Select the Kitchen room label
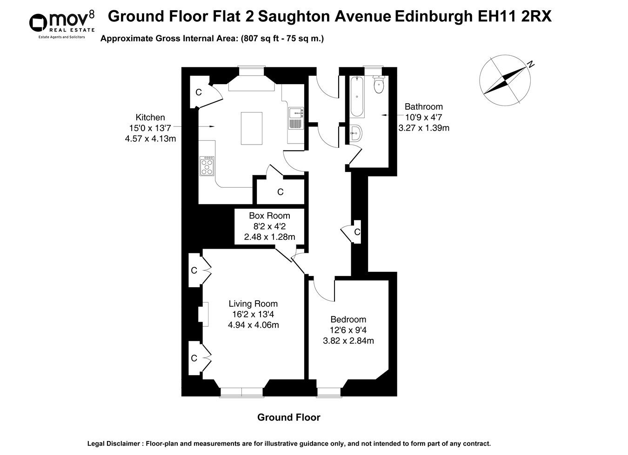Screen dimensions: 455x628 150,118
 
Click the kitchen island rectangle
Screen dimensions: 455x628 251,129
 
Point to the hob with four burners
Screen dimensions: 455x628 207,166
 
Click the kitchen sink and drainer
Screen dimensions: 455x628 296,118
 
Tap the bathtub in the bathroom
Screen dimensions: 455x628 357,96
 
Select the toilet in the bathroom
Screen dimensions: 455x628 379,84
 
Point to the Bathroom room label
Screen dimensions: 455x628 423,107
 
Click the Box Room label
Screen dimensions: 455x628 269,216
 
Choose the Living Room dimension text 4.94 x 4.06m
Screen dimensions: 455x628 253,325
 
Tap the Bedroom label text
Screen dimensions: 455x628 348,319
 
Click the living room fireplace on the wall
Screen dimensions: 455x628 203,312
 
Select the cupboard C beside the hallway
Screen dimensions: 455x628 357,231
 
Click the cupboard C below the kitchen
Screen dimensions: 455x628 280,191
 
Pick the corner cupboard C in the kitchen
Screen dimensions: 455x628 199,92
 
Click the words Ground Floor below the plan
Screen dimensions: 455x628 288,417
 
